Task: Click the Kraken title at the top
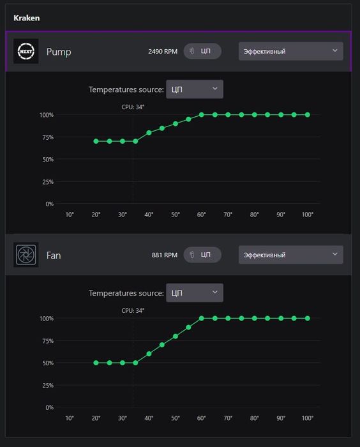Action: tap(27, 18)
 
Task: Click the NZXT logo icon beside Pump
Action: tap(26, 51)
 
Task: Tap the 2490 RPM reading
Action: tap(163, 52)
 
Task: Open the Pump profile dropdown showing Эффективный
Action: tap(290, 51)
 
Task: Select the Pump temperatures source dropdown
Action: tap(195, 89)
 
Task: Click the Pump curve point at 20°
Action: tap(96, 141)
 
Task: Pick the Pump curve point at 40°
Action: tap(149, 133)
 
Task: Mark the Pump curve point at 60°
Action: tap(202, 114)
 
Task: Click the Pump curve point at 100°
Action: tap(307, 114)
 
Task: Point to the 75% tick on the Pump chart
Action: tap(48, 137)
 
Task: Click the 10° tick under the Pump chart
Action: tap(70, 215)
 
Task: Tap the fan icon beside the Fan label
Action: tap(26, 255)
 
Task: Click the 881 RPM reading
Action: tap(165, 255)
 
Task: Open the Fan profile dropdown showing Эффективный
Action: tap(290, 255)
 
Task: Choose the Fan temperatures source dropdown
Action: tap(195, 292)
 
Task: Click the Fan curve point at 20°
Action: tap(96, 363)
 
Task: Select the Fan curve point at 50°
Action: tap(176, 336)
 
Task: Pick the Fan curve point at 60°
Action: tap(202, 318)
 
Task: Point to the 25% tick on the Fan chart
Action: tap(48, 386)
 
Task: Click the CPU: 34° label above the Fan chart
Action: tap(133, 310)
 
